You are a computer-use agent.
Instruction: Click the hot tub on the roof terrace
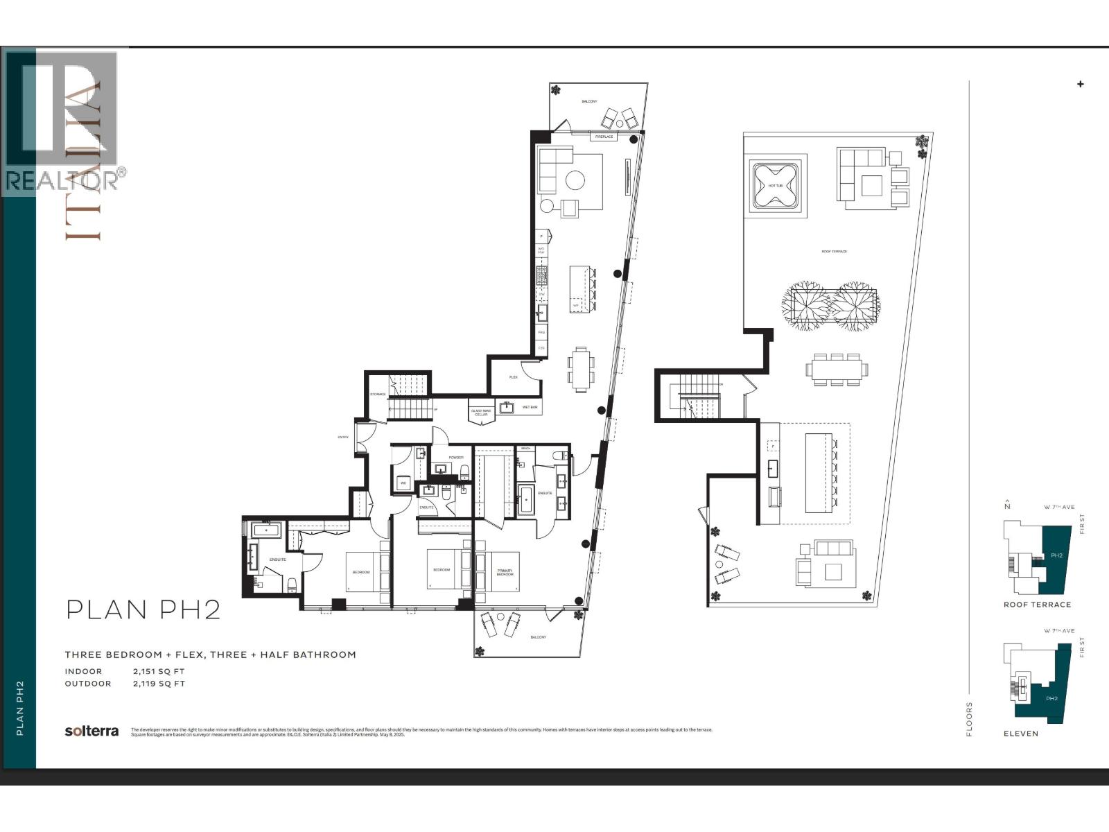775,186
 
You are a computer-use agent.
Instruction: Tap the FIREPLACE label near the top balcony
604,137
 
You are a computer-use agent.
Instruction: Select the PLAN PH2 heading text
143,609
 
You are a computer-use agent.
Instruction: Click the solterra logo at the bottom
91,731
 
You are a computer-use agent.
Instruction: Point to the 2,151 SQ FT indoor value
159,671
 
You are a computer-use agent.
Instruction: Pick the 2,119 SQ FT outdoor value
159,684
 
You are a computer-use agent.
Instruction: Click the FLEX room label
514,377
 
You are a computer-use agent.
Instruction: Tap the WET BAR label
530,407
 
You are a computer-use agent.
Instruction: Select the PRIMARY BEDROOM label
505,573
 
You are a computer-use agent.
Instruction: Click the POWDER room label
456,458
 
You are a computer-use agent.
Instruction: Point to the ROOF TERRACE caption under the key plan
1037,605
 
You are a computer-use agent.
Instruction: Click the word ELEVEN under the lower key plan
1021,734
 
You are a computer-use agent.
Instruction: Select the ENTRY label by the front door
342,437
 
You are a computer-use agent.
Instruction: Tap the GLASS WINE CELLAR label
481,413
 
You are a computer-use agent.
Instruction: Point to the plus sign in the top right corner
1080,85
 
